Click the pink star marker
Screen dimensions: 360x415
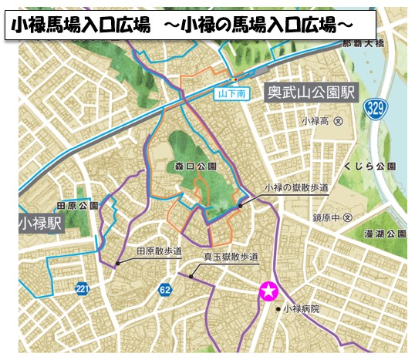(x=268, y=291)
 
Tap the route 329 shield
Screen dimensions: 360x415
(x=376, y=106)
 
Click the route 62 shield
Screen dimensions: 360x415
(x=165, y=290)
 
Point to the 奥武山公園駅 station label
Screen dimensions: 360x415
(x=310, y=93)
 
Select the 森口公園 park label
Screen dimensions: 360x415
(x=191, y=166)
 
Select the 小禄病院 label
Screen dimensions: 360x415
(x=301, y=308)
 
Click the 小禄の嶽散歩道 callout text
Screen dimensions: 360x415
(x=296, y=187)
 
